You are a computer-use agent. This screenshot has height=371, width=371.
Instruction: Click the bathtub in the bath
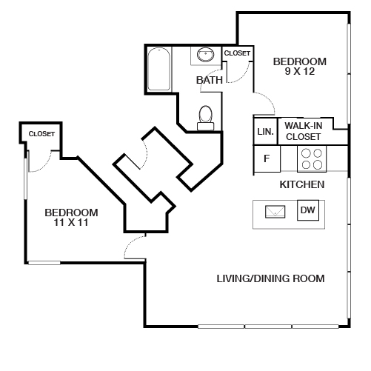[159, 70]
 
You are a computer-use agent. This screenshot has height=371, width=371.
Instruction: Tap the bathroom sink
[205, 55]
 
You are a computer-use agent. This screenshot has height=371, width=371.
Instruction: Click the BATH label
[210, 79]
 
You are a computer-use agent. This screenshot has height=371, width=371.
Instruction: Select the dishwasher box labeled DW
[308, 211]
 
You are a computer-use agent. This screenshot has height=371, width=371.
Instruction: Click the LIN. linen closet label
[265, 132]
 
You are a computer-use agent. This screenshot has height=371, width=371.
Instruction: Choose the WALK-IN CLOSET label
[303, 131]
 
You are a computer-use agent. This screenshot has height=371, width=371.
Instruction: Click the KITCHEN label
[302, 184]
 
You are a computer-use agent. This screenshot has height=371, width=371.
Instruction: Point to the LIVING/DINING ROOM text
[271, 278]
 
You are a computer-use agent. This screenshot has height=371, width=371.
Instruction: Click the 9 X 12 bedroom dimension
[300, 72]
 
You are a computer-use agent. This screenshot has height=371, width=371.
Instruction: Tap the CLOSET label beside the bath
[237, 53]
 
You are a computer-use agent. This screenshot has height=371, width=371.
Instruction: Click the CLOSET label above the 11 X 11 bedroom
[41, 133]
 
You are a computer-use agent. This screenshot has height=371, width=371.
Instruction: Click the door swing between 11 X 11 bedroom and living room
[135, 248]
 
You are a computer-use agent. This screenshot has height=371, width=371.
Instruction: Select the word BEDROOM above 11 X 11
[70, 212]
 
